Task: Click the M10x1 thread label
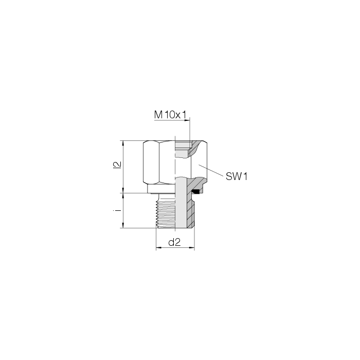[170, 115]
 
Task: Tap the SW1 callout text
[237, 176]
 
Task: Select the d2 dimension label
[174, 242]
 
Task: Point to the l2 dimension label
[117, 165]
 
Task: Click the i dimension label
[117, 210]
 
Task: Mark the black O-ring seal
[196, 191]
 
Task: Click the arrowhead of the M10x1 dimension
[188, 120]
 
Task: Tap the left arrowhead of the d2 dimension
[159, 248]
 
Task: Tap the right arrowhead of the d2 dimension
[192, 248]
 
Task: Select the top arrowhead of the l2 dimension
[123, 143]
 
